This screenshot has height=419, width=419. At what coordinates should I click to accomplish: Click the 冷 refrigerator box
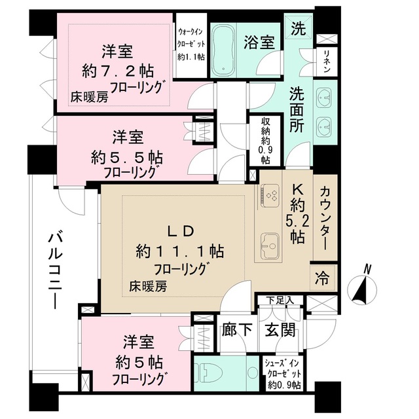(324, 277)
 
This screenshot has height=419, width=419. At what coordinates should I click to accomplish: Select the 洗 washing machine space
(298, 29)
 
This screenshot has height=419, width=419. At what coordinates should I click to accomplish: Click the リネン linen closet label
(325, 64)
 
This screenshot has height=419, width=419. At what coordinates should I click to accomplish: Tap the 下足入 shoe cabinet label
(280, 301)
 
